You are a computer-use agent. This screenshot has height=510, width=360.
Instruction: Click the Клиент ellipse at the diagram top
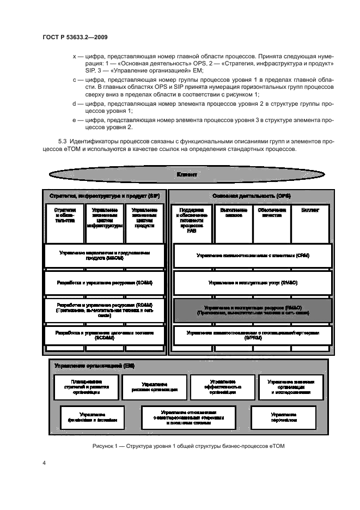click(187, 174)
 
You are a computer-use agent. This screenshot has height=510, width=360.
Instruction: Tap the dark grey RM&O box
click(252, 311)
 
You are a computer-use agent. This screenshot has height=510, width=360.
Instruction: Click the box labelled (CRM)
click(252, 256)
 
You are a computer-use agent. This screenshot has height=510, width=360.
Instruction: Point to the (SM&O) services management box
click(252, 283)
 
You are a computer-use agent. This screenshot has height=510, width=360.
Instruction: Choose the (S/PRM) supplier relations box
click(252, 335)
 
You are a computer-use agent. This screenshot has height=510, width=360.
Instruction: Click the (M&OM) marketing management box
click(105, 256)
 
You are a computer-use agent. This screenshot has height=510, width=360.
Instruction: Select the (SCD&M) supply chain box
click(105, 335)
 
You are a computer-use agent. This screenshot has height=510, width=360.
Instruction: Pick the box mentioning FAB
click(191, 222)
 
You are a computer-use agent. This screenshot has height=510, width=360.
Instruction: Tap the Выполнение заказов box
click(231, 222)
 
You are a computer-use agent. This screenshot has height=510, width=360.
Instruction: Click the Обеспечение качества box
click(271, 222)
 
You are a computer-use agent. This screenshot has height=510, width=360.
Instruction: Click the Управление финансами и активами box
click(91, 417)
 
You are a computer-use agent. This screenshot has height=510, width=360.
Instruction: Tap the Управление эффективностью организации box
click(222, 387)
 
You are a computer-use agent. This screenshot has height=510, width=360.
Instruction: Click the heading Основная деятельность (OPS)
click(252, 195)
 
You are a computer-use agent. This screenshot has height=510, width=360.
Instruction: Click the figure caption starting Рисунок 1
click(188, 447)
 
